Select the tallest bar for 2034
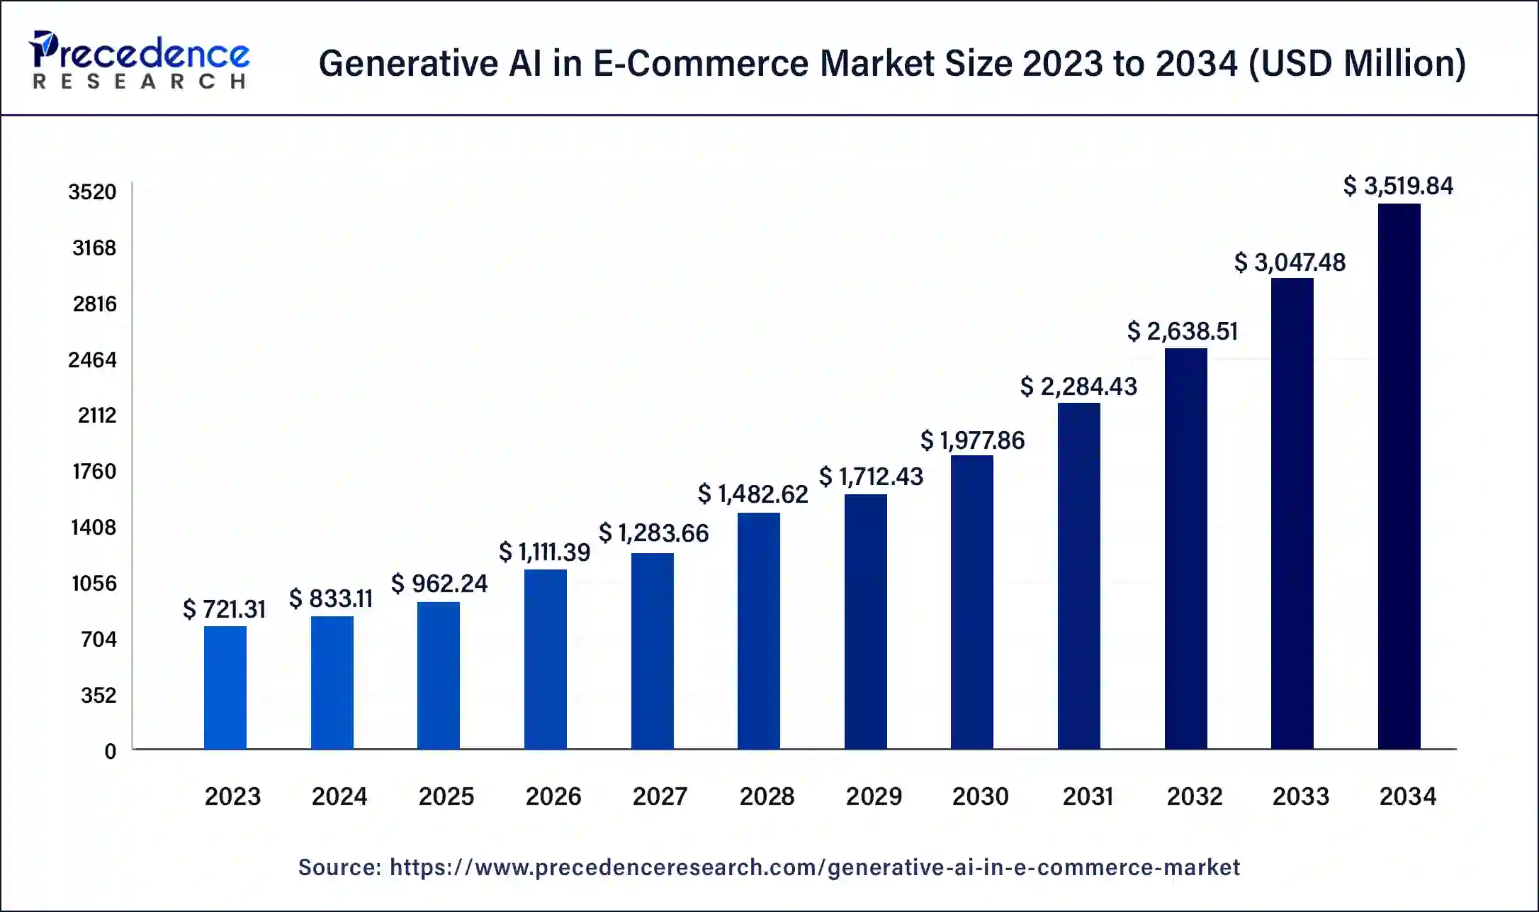click(1399, 476)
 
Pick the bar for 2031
click(1078, 575)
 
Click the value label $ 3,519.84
click(1398, 186)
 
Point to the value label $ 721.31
click(224, 609)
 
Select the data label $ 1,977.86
click(972, 440)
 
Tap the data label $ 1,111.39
click(544, 552)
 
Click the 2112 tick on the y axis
click(96, 416)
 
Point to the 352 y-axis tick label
click(98, 695)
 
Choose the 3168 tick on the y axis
click(94, 248)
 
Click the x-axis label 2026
click(553, 796)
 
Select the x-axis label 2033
click(1300, 796)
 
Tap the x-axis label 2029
click(874, 796)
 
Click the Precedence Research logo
click(140, 60)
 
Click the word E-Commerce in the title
click(700, 63)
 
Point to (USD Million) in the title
click(1357, 63)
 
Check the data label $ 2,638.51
click(1182, 331)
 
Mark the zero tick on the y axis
click(110, 751)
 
